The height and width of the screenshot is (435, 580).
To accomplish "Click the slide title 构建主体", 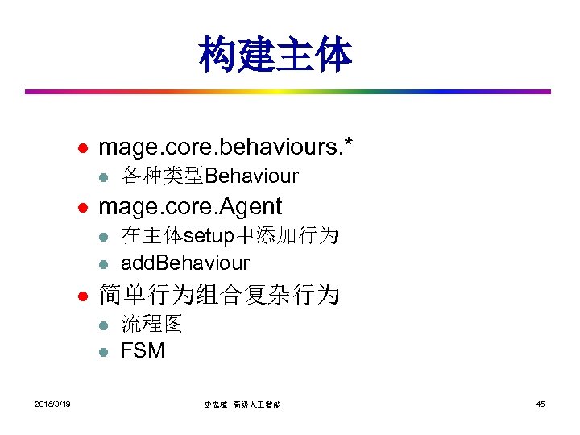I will tap(275, 54).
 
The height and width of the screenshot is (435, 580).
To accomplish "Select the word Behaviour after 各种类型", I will tap(252, 176).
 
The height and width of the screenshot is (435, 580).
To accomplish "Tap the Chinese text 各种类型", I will tap(163, 176).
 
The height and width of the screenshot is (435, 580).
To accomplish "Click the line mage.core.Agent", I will tap(189, 206).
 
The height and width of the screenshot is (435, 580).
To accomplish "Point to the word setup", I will tap(209, 235).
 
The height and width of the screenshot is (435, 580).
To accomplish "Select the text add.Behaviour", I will tap(185, 263).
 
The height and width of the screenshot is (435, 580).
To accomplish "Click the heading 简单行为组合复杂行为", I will tap(218, 295).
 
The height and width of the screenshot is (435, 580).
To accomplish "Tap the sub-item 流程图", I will tap(152, 324).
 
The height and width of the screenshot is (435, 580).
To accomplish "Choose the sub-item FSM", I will tap(143, 350).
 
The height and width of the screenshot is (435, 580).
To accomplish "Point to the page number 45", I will tap(540, 404).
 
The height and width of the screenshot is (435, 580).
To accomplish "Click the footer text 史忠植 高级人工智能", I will tap(247, 404).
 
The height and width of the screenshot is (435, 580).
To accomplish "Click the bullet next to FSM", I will tap(102, 352).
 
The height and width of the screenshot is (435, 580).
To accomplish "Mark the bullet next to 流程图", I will tap(102, 325).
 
